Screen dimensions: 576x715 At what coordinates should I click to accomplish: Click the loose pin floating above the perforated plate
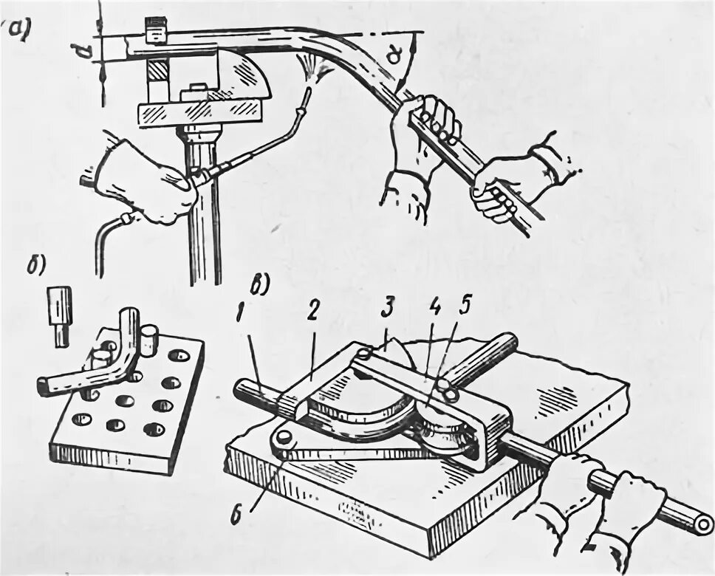60,314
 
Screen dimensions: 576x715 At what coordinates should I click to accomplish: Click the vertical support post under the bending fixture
203,214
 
